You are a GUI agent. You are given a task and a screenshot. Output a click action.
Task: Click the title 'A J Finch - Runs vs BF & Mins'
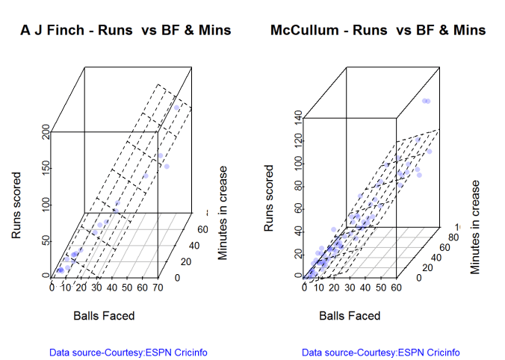126,31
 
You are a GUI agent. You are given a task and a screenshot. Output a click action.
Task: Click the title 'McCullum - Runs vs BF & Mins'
378,31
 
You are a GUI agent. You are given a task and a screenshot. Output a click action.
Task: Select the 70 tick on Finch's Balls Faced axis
157,287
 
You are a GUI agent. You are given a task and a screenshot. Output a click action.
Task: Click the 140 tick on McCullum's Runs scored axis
298,117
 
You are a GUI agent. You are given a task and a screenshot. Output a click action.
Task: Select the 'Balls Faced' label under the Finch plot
104,316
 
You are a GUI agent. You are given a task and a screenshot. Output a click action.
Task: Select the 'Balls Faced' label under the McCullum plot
350,316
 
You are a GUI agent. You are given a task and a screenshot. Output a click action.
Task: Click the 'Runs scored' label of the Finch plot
16,206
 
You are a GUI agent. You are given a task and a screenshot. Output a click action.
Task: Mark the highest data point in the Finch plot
178,108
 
